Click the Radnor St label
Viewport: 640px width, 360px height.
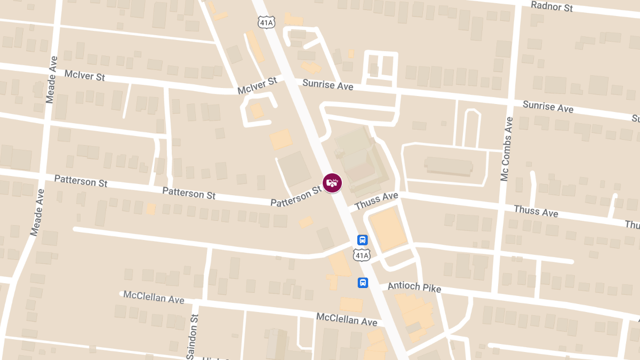[x=552, y=6]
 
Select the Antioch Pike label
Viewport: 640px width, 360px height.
[x=414, y=287]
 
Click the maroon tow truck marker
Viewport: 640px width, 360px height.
[x=332, y=182]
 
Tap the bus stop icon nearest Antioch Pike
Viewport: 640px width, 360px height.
[x=363, y=282]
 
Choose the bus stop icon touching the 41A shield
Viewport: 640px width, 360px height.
[x=362, y=240]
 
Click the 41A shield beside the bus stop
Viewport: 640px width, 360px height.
[x=362, y=255]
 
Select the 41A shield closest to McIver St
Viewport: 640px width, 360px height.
[x=266, y=22]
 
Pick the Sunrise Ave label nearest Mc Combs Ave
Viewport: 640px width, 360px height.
[x=548, y=106]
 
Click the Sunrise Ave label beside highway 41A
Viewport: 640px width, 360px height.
[x=327, y=84]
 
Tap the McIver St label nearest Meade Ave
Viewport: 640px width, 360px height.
[x=85, y=75]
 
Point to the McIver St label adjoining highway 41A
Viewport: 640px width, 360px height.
[x=258, y=85]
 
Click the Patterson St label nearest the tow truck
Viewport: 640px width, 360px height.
[x=296, y=196]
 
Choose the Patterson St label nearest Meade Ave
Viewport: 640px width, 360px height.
[x=81, y=181]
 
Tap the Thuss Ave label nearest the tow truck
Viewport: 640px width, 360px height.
[x=377, y=201]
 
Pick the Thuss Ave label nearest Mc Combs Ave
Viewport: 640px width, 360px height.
[x=536, y=211]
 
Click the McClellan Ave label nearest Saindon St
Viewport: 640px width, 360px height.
[x=154, y=297]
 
